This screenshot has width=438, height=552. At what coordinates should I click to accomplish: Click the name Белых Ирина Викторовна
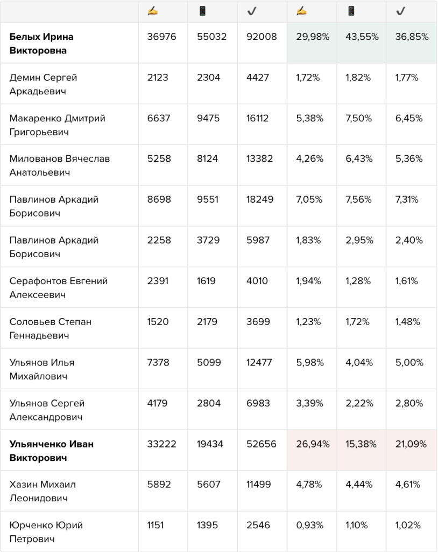(41, 43)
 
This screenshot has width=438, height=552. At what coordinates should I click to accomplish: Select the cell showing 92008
(262, 37)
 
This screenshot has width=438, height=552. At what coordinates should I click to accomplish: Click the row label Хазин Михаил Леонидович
(43, 491)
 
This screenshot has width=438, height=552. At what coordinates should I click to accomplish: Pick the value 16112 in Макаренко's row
(257, 118)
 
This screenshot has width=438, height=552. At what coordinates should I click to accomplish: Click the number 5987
(258, 240)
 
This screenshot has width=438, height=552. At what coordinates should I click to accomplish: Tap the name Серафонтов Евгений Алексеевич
(58, 288)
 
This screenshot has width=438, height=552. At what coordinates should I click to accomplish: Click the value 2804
(209, 403)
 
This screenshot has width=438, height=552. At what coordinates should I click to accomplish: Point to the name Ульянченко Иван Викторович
(52, 451)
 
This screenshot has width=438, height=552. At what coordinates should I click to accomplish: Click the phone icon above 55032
(202, 11)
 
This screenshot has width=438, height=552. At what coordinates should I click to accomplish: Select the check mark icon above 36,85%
(400, 11)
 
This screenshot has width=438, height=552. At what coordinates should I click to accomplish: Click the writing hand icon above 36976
(153, 11)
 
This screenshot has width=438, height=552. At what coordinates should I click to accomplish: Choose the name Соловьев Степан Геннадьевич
(50, 328)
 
